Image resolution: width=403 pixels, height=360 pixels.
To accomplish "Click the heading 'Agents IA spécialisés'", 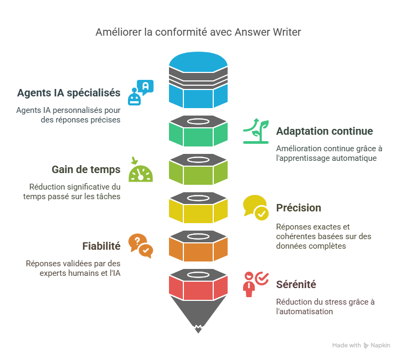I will tap(69, 93).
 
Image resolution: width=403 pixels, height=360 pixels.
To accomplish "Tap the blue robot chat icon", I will tap(140, 92).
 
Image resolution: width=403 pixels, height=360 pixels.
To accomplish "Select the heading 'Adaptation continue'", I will tap(324, 131).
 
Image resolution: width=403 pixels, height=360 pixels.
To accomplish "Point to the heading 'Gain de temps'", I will tap(86, 169).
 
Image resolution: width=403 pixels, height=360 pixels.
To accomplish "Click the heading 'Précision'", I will tap(299, 208).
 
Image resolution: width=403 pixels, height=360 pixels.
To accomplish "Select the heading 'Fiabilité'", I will tap(101, 246).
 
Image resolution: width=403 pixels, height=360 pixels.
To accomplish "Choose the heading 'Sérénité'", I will tap(296, 284).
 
